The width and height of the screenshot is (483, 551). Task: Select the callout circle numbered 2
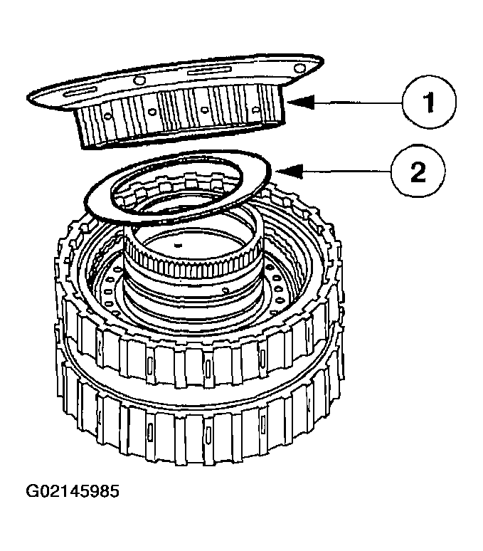click(x=418, y=171)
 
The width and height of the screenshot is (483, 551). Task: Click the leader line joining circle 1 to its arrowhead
click(x=356, y=103)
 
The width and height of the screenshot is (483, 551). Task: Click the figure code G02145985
click(x=72, y=492)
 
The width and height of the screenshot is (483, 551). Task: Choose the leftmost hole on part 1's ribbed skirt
click(x=105, y=114)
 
